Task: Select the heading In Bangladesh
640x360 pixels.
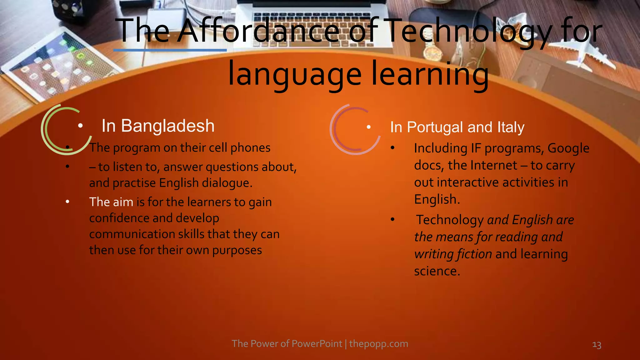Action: (158, 126)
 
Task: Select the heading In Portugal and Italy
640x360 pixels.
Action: (457, 127)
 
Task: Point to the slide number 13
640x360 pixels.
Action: (597, 345)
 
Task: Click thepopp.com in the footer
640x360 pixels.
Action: (378, 344)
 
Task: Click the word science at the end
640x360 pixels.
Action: (437, 271)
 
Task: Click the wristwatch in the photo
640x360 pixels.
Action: (433, 52)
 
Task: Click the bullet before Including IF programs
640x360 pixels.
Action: (392, 148)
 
